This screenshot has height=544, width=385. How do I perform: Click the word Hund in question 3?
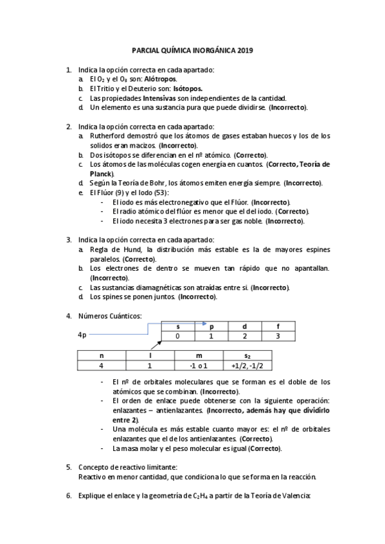(x=124, y=249)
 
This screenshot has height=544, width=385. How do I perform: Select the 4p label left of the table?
(x=82, y=335)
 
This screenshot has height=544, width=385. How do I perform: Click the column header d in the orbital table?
(x=244, y=327)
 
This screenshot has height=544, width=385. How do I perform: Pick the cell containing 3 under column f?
(x=278, y=336)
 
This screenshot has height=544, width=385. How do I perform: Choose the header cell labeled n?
(x=100, y=355)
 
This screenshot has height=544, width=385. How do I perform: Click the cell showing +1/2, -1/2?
(x=247, y=365)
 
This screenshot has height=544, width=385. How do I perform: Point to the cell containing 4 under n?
(x=100, y=365)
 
